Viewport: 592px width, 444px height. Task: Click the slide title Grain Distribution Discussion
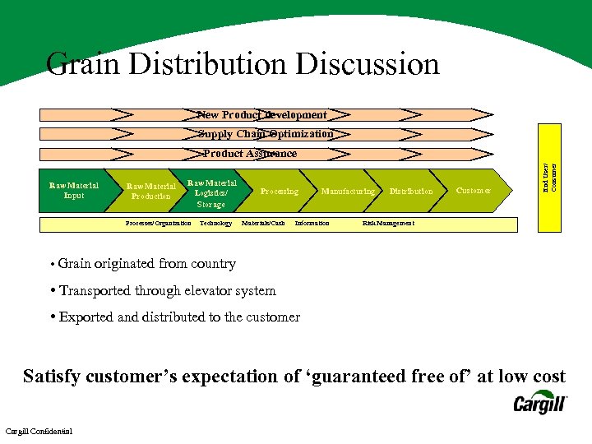pyautogui.click(x=243, y=64)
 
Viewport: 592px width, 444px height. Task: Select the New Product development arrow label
pyautogui.click(x=262, y=115)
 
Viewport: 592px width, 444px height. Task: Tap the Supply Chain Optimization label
pyautogui.click(x=265, y=134)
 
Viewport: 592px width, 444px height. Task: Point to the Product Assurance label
pyautogui.click(x=250, y=154)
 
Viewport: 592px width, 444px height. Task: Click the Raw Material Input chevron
pyautogui.click(x=74, y=191)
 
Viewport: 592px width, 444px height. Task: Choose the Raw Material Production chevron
pyautogui.click(x=151, y=192)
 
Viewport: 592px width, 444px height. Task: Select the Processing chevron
pyautogui.click(x=280, y=192)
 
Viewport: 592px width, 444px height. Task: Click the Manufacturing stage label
pyautogui.click(x=348, y=192)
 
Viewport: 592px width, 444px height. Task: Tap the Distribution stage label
pyautogui.click(x=411, y=192)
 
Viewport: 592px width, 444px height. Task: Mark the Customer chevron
pyautogui.click(x=474, y=191)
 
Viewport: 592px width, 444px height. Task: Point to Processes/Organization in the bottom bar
pyautogui.click(x=158, y=224)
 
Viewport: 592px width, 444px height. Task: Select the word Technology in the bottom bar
pyautogui.click(x=215, y=224)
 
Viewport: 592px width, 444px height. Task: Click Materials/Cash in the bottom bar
pyautogui.click(x=263, y=224)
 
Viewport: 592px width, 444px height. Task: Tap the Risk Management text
pyautogui.click(x=388, y=224)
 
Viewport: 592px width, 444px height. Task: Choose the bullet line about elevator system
pyautogui.click(x=168, y=290)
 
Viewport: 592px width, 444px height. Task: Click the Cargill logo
pyautogui.click(x=540, y=403)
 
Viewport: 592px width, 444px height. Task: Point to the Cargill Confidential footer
pyautogui.click(x=39, y=432)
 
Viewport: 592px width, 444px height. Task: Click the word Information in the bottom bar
pyautogui.click(x=312, y=224)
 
